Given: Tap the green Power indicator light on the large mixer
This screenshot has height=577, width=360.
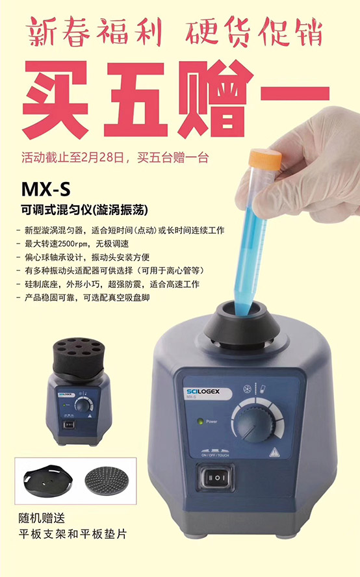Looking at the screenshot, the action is tap(201, 421).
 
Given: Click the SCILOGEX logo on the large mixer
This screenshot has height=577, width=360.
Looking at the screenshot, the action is tap(203, 392).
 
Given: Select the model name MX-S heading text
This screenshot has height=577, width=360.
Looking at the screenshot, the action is tap(45, 189).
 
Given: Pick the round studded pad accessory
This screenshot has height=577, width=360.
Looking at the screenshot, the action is tap(106, 481).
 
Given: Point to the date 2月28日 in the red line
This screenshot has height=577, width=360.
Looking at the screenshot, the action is tap(104, 157).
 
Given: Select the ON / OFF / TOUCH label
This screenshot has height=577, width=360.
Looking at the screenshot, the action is tap(215, 455).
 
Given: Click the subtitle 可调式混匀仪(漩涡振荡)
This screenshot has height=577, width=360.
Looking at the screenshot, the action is tap(85, 210).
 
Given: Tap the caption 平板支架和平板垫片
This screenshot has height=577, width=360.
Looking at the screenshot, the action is tap(73, 534).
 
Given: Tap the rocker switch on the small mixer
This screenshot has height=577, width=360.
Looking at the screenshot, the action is tap(69, 425).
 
